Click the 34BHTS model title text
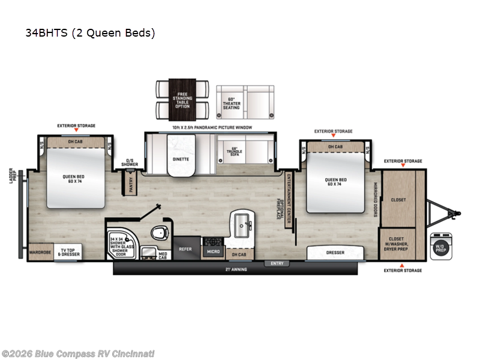(90, 33)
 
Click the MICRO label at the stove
(213, 252)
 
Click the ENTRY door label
(277, 263)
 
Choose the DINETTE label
(181, 160)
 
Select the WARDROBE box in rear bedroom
(40, 253)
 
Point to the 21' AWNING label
(236, 269)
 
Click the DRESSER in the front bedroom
(335, 253)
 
